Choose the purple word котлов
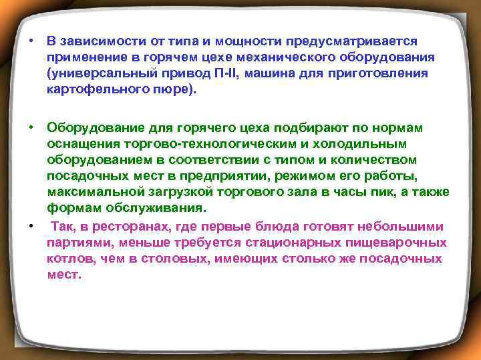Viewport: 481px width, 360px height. coord(68,259)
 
